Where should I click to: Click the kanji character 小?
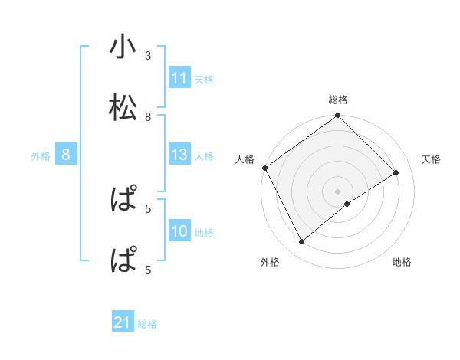[x=123, y=47]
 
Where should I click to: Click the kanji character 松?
[x=123, y=107]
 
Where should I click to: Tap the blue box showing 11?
[x=179, y=78]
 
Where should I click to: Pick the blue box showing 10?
[x=179, y=232]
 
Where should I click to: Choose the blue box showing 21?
[x=123, y=323]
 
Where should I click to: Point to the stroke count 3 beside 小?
[x=148, y=56]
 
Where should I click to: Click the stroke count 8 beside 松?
[x=148, y=116]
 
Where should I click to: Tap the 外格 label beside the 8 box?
[x=41, y=156]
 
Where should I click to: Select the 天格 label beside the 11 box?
[x=204, y=79]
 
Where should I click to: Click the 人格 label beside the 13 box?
[x=204, y=156]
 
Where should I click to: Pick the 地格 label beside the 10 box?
[x=204, y=233]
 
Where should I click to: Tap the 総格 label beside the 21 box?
[x=147, y=324]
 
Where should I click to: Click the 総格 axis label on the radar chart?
[x=338, y=100]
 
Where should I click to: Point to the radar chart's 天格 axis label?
[x=432, y=159]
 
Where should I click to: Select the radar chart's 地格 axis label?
[x=402, y=262]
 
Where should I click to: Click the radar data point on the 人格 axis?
[x=264, y=168]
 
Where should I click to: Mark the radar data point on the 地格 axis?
[x=347, y=204]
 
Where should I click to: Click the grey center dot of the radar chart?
[x=338, y=191]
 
